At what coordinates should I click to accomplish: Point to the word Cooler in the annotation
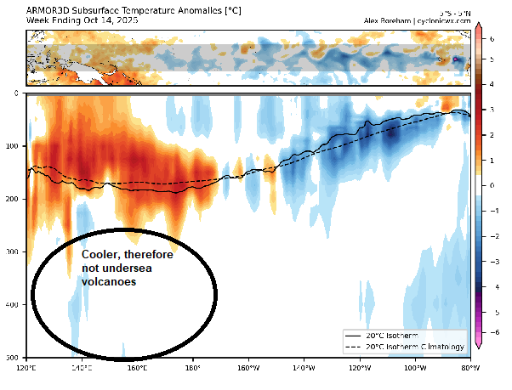click(x=100, y=255)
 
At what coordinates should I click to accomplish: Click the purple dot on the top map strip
click(x=456, y=59)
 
